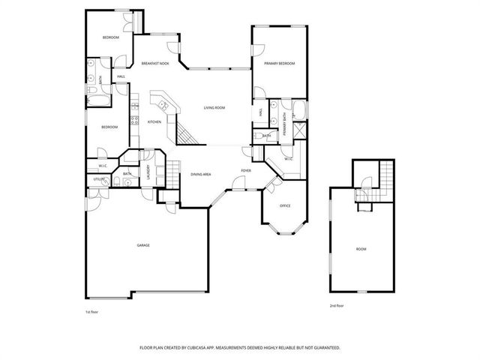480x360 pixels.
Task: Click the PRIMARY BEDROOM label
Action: pos(279,64)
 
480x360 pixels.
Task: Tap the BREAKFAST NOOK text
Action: pos(155,64)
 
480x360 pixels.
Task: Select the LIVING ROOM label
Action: pos(214,108)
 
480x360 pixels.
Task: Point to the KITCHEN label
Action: pos(154,122)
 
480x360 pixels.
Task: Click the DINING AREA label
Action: pos(200,174)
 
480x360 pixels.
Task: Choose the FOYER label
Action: pos(245,171)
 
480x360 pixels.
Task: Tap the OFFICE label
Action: pos(284,205)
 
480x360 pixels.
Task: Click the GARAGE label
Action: pos(142,246)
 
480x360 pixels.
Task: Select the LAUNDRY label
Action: pos(148,172)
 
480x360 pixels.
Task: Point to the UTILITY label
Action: pos(98,180)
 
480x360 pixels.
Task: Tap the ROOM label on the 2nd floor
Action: pos(361,248)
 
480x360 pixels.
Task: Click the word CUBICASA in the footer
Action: pos(211,348)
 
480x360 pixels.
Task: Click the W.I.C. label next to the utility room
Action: pos(103,166)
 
